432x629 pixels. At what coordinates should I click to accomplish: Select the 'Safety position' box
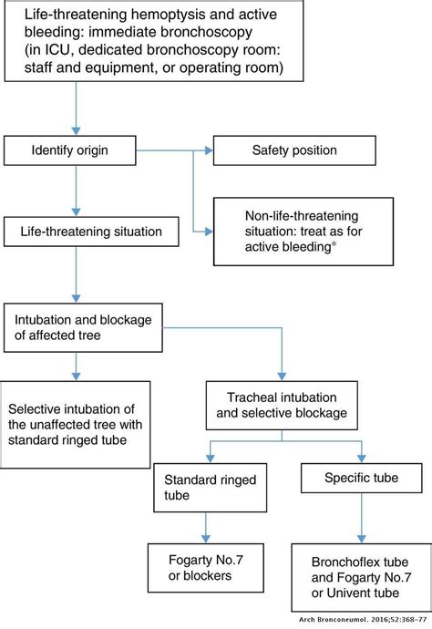tap(288, 149)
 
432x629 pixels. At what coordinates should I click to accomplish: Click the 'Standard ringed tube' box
tap(199, 488)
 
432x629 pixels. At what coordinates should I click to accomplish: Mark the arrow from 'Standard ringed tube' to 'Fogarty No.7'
tap(207, 528)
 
